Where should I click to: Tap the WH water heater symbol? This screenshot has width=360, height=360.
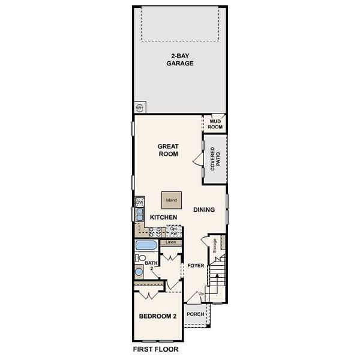[140, 108]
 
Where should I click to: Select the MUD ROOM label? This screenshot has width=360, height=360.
[215, 124]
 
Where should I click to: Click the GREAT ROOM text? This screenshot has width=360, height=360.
[169, 149]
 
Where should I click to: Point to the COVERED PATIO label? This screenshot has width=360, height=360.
[215, 160]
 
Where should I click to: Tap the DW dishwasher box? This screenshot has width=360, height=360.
[139, 203]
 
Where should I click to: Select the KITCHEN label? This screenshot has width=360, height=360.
[163, 217]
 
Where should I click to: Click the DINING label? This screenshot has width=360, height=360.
[204, 209]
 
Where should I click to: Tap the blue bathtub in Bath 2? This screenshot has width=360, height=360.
[146, 245]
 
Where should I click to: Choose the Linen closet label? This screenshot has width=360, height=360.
[170, 242]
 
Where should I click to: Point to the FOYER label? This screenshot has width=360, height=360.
[196, 265]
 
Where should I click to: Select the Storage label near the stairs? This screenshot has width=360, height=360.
[214, 245]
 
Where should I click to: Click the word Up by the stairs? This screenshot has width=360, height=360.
[201, 293]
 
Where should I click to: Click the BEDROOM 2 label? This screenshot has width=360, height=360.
[157, 317]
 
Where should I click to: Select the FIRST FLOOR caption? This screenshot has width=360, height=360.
[155, 348]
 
